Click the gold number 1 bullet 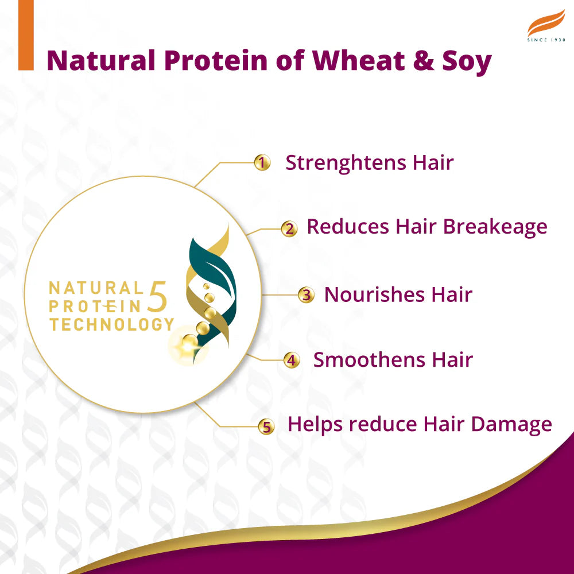262,163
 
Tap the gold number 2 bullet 289,229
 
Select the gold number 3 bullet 307,296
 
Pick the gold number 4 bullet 292,361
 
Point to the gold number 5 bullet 265,426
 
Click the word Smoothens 360,360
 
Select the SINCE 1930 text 546,40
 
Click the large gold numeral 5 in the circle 159,297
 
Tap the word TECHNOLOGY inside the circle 111,324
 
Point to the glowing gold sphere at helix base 188,344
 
